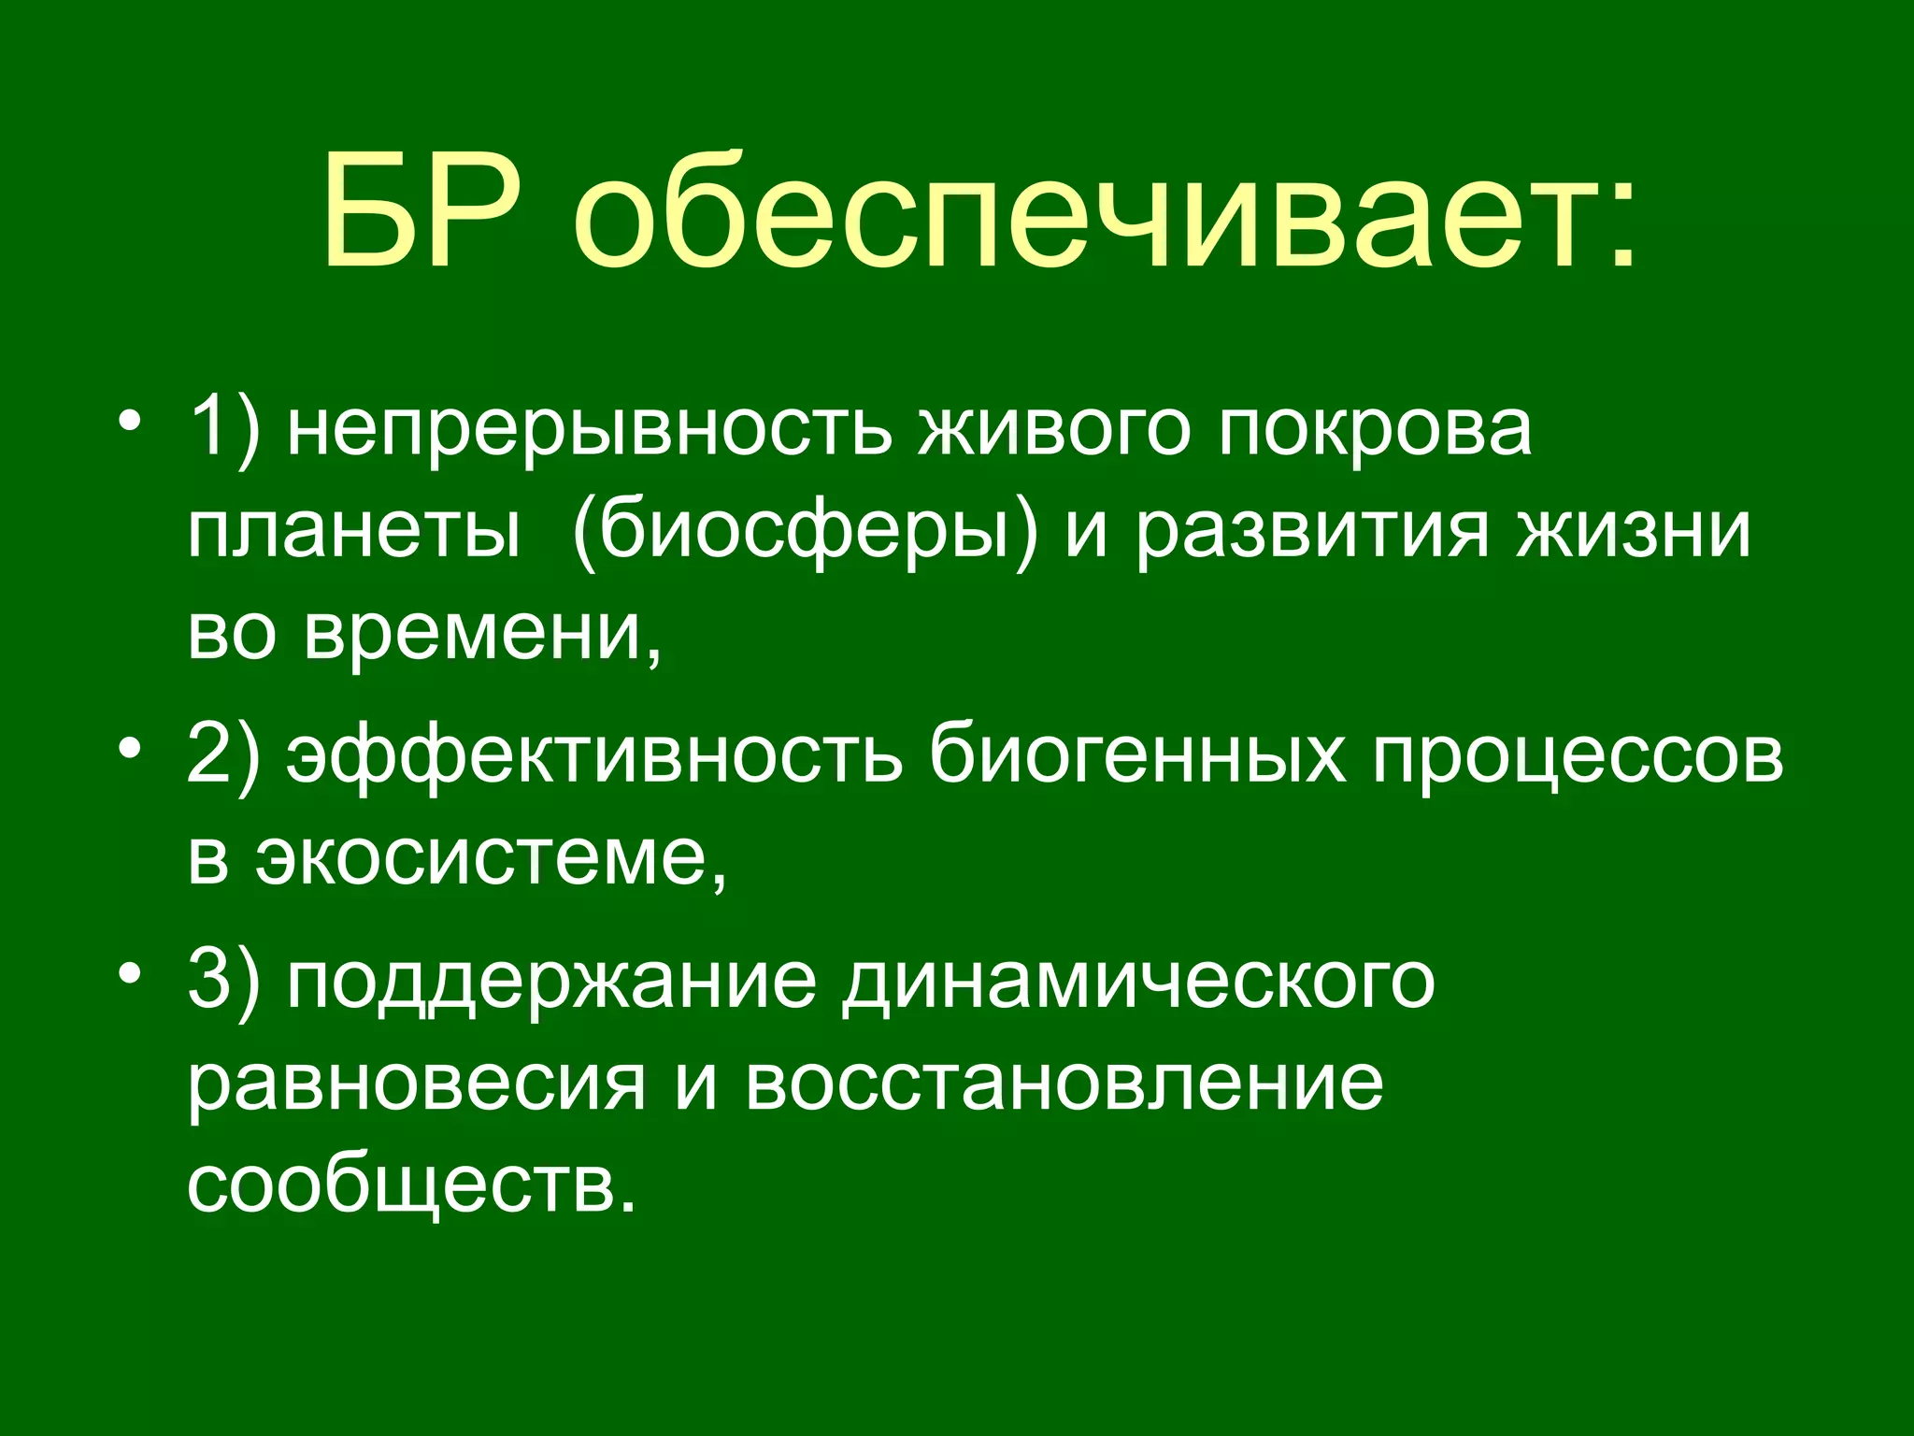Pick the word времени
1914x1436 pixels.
tap(481, 634)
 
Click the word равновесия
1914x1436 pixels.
tap(417, 1086)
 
